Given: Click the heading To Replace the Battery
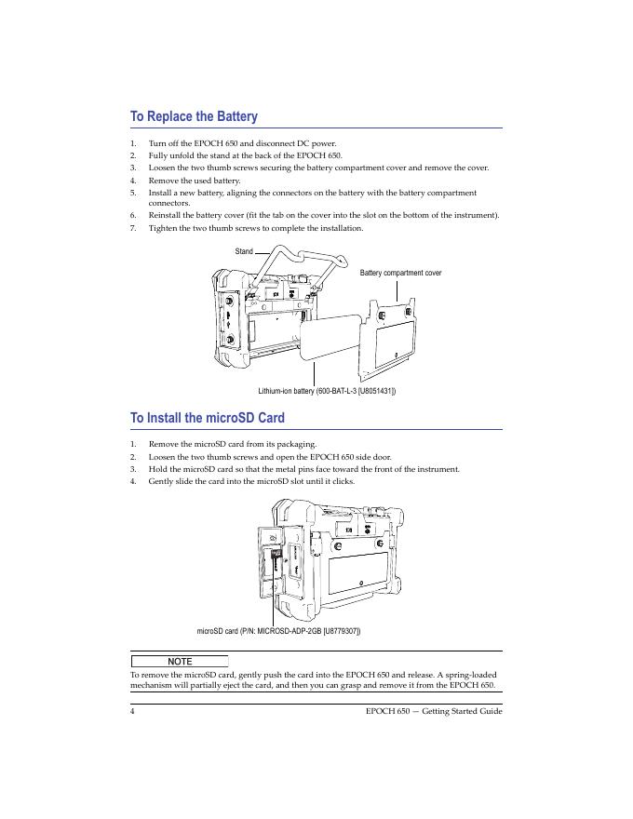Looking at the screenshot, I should [194, 116].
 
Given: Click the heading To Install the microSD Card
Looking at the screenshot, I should [207, 418].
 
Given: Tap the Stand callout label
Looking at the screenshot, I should [244, 251].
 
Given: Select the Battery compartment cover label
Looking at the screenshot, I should [400, 273].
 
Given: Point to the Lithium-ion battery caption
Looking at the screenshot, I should [327, 391].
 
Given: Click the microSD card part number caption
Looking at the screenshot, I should [279, 631].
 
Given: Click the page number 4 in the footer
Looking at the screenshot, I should [133, 711].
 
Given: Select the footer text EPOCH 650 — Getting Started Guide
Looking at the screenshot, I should [435, 711].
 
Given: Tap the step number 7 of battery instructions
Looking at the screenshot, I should [133, 228].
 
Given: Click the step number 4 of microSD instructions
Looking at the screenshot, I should [133, 482].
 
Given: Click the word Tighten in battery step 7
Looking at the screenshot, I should [164, 228].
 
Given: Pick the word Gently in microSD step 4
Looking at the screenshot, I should [162, 482].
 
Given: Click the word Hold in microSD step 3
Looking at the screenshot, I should [157, 470].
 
